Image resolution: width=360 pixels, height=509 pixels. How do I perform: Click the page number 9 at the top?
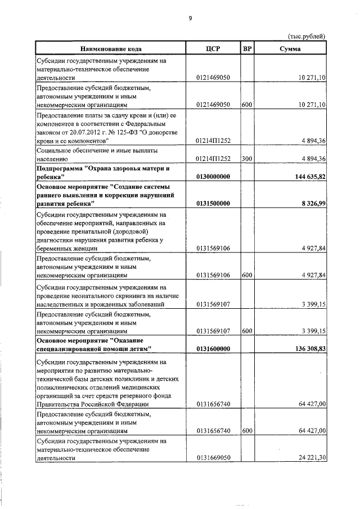click(x=190, y=19)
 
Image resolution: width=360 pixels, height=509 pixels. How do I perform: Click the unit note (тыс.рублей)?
click(x=306, y=37)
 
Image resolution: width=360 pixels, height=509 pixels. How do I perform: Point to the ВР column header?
click(x=246, y=48)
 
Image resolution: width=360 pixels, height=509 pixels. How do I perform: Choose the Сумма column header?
click(x=290, y=48)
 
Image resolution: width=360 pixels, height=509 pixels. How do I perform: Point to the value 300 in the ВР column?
click(x=246, y=159)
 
